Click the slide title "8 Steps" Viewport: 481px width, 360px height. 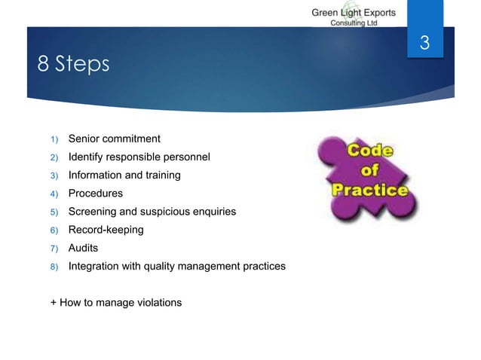[73, 65]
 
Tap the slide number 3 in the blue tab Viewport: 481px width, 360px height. [424, 44]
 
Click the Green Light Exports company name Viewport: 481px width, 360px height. [354, 13]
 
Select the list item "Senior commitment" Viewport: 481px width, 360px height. [114, 139]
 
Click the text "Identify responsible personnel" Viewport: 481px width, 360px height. [139, 157]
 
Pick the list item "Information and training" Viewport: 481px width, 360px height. [124, 175]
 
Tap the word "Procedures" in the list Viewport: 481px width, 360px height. [95, 194]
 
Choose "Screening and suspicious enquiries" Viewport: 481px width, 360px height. [152, 212]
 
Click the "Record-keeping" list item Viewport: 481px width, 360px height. [106, 230]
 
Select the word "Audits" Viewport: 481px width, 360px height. [83, 248]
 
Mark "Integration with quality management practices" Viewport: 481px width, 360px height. [176, 266]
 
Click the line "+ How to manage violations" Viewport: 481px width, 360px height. [115, 303]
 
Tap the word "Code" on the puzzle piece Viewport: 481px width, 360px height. [369, 151]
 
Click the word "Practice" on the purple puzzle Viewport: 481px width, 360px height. [371, 189]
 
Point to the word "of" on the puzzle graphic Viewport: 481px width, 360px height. [371, 170]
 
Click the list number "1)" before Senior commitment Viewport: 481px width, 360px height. [54, 139]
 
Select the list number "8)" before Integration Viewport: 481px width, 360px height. [54, 267]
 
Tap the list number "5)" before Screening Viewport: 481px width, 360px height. [54, 212]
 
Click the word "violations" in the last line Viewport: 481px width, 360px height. [156, 303]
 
